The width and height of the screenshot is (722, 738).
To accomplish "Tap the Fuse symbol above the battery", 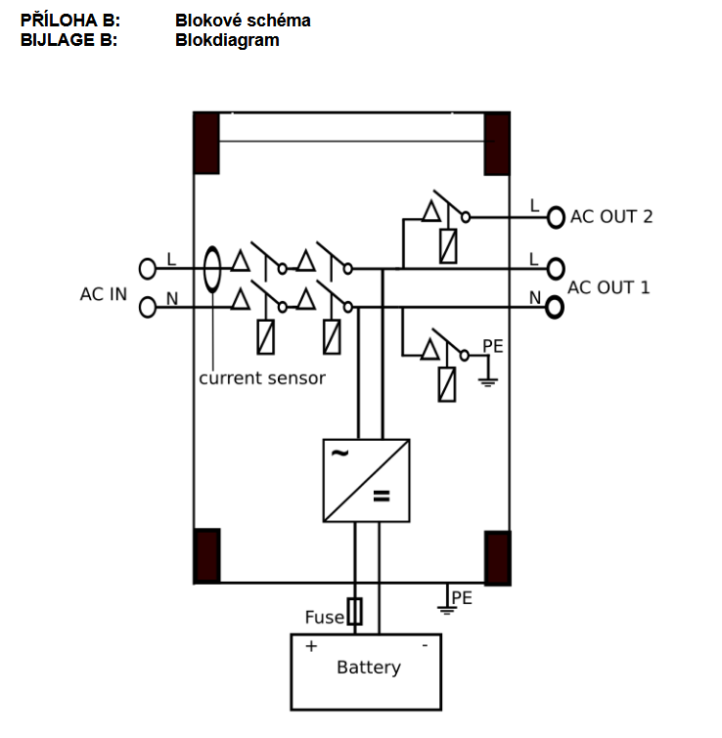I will [354, 612].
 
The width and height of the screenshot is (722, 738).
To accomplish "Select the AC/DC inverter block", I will [366, 480].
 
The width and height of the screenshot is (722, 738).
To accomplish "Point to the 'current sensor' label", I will [262, 377].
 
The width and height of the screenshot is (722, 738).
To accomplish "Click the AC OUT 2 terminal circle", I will [557, 216].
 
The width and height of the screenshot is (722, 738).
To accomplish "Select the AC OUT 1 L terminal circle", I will [557, 268].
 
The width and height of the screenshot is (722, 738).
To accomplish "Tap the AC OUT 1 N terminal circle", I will [555, 307].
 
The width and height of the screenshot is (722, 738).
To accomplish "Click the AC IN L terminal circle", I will [148, 268].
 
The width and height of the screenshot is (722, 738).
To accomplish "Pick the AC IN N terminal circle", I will [148, 307].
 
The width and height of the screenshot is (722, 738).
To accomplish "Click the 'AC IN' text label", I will [104, 293].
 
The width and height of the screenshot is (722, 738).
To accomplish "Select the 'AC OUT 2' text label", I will [611, 216].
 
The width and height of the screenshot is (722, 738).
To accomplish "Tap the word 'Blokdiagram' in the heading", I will [227, 40].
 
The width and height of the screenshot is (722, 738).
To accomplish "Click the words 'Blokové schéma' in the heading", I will [243, 20].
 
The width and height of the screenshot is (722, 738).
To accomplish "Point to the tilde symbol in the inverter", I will [339, 454].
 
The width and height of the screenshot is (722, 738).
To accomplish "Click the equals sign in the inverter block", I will [381, 497].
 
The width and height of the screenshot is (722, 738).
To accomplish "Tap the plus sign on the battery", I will [312, 646].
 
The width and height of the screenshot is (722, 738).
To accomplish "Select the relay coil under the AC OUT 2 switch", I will [448, 245].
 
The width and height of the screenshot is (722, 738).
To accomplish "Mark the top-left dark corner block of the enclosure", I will [205, 143].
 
